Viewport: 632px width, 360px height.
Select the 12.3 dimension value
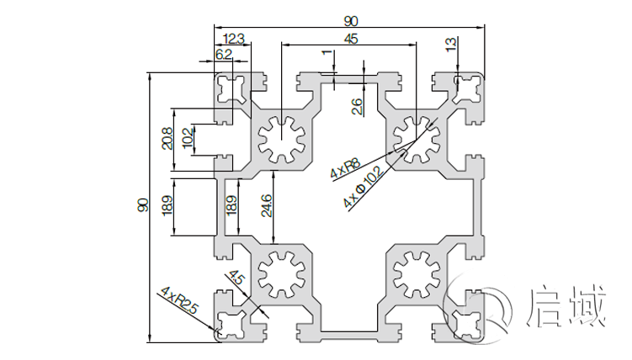[x=235, y=37]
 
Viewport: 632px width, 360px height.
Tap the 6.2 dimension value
[x=224, y=54]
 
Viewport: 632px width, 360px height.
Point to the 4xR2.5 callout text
[x=179, y=299]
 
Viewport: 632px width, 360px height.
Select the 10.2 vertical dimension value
[x=188, y=139]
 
